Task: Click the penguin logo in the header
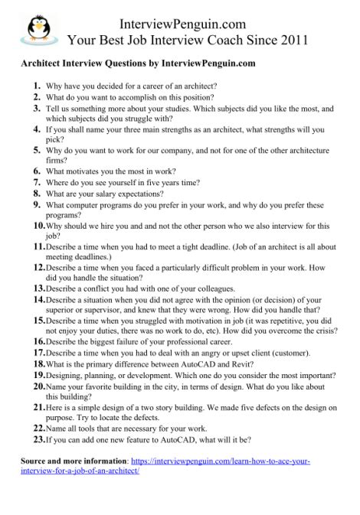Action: click(x=36, y=25)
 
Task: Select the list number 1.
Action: click(x=37, y=85)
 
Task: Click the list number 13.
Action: click(x=38, y=288)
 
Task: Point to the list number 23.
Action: click(x=38, y=442)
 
